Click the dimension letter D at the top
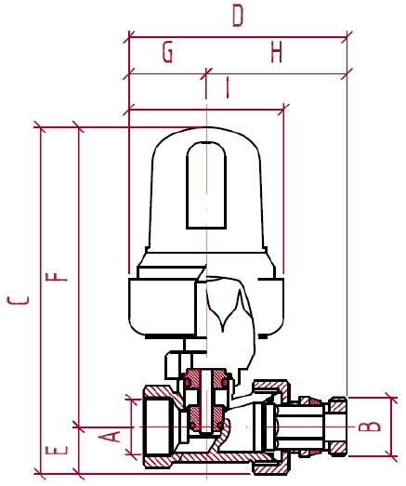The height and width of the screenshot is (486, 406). pos(238,16)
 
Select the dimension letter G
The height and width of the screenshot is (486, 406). pos(167,52)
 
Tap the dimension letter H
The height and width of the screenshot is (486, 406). pos(276,52)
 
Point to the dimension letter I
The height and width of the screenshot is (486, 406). pos(228,87)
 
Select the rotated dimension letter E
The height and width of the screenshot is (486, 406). pos(57,450)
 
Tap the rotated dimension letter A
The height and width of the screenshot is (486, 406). pos(109,437)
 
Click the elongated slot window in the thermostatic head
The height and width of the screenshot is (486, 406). pos(206,185)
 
